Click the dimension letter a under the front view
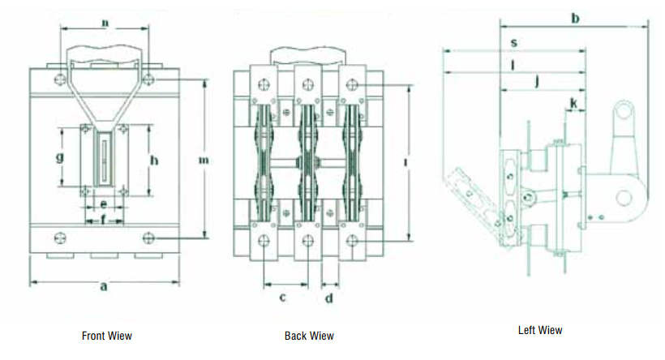[x=104, y=287]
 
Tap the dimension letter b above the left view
[x=576, y=18]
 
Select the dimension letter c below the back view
[x=283, y=298]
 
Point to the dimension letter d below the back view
[x=329, y=298]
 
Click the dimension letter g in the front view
[x=60, y=157]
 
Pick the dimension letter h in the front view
[x=154, y=160]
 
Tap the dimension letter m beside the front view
[x=204, y=161]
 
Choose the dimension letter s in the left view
[x=514, y=43]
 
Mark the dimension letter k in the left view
[x=573, y=103]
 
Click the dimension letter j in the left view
[x=538, y=80]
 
